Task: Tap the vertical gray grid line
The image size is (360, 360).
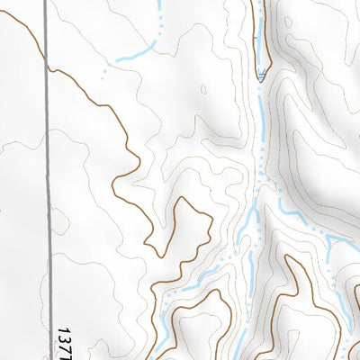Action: [x=46, y=180]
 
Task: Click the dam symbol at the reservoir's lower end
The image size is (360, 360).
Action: [x=262, y=79]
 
